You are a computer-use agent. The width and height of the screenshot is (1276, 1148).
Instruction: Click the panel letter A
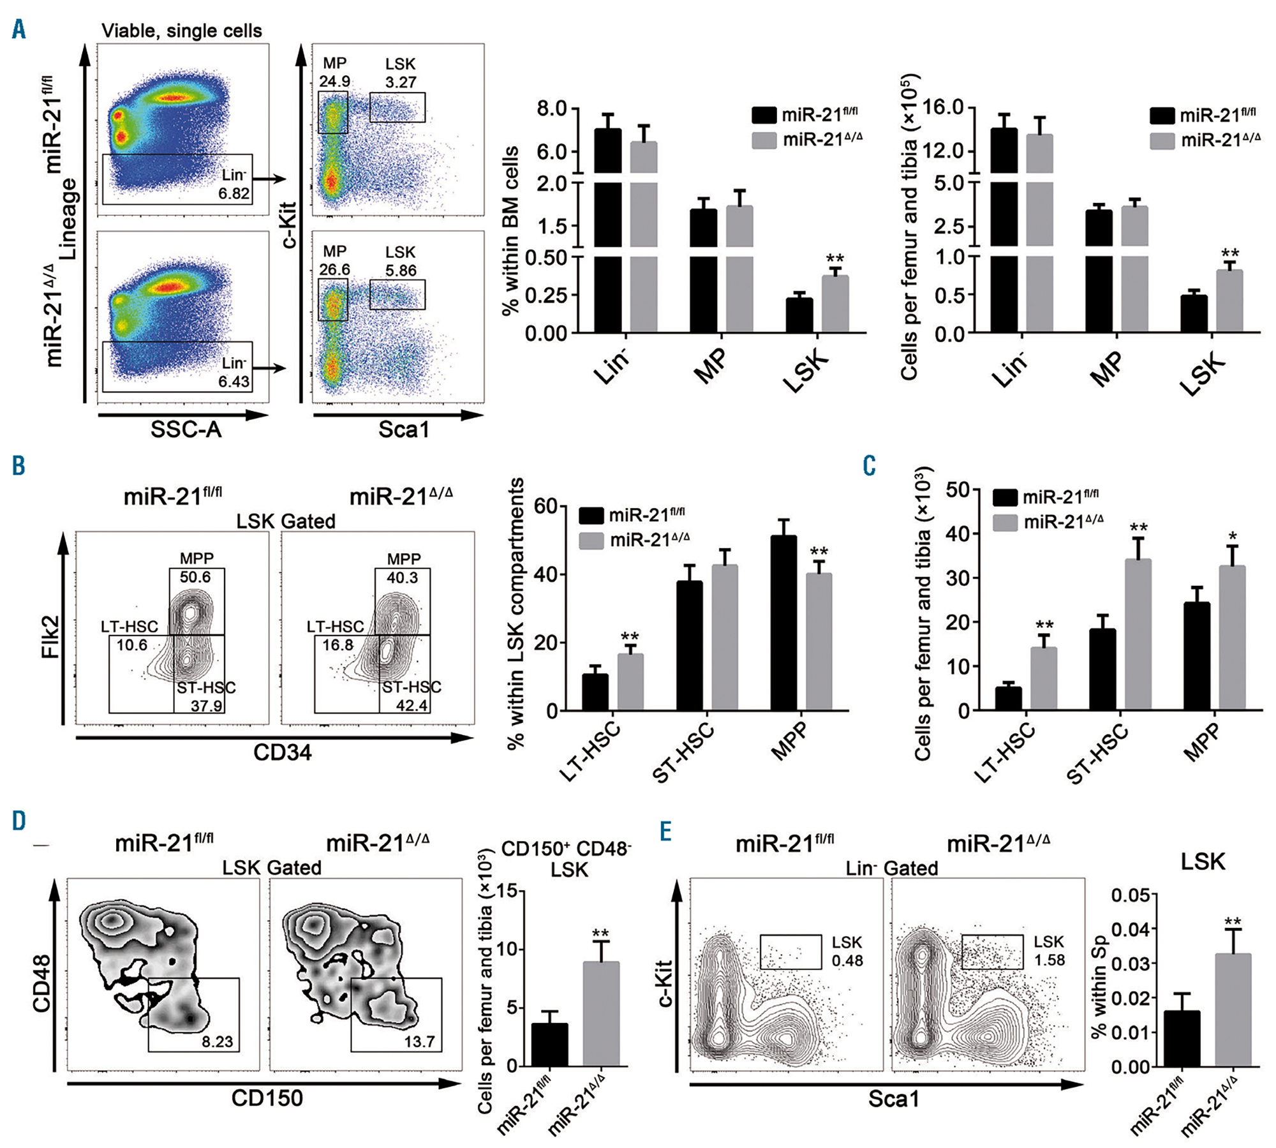click(x=19, y=29)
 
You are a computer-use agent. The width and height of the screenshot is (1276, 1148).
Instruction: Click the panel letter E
click(x=665, y=832)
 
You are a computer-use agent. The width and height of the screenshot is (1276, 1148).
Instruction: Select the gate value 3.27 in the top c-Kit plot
click(x=401, y=82)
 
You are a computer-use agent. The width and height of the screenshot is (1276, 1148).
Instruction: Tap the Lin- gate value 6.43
click(x=234, y=381)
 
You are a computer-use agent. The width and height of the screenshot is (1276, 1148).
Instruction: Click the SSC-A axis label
click(x=186, y=429)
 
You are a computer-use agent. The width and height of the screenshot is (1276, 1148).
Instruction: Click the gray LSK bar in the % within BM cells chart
click(x=835, y=304)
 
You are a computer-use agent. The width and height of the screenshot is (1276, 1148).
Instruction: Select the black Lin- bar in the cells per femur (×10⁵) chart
click(x=1004, y=230)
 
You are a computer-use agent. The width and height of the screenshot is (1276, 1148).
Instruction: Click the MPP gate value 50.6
click(x=195, y=577)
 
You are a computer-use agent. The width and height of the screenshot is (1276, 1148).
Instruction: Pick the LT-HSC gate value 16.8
click(x=338, y=645)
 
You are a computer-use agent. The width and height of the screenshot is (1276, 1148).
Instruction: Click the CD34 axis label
click(x=282, y=753)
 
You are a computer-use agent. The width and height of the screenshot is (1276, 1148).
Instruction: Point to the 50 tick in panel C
click(x=957, y=490)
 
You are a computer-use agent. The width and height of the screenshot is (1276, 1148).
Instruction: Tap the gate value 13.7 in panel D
click(x=419, y=1041)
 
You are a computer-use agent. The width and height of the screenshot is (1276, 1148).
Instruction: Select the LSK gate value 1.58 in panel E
click(x=1050, y=960)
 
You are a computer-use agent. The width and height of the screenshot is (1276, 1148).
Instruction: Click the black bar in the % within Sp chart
click(x=1182, y=1038)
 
